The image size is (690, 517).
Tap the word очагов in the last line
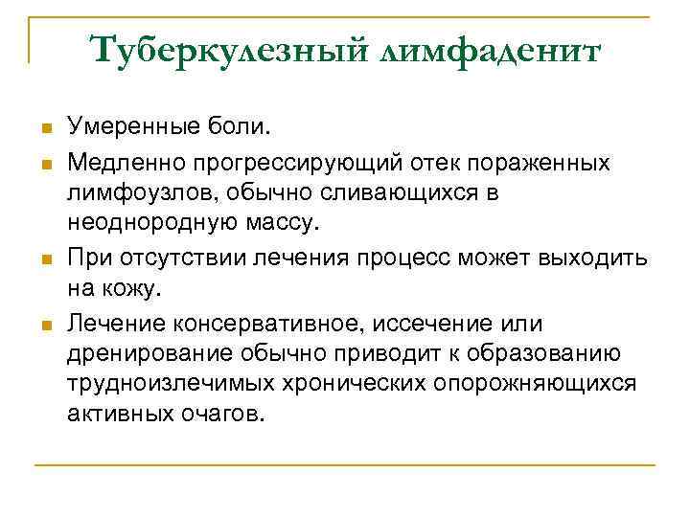(x=226, y=416)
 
